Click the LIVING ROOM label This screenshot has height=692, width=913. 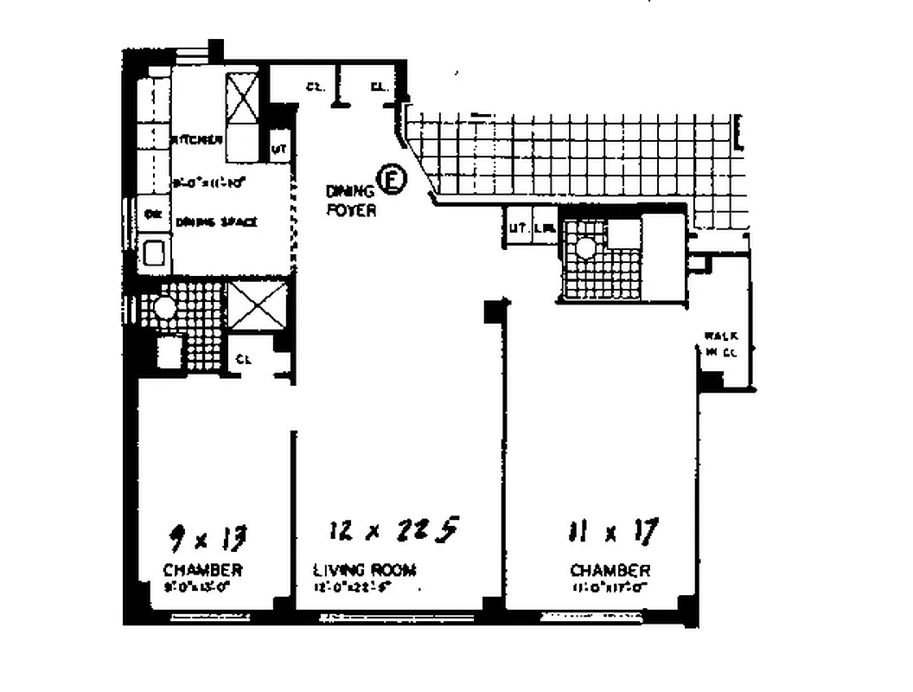click(x=364, y=570)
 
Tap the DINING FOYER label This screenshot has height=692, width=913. click(x=351, y=201)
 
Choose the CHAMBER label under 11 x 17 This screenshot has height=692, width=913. click(x=610, y=571)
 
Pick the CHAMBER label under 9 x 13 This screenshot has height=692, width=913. click(x=202, y=570)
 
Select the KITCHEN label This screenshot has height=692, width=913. click(x=199, y=140)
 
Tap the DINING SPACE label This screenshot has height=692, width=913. click(x=217, y=222)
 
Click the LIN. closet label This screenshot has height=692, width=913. click(x=544, y=228)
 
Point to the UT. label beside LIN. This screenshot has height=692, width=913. click(x=518, y=228)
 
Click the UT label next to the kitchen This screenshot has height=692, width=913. click(x=279, y=148)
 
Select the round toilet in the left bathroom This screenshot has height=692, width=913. click(x=163, y=306)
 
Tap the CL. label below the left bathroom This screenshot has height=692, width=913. click(x=244, y=360)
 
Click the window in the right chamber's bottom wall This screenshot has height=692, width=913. click(x=591, y=617)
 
